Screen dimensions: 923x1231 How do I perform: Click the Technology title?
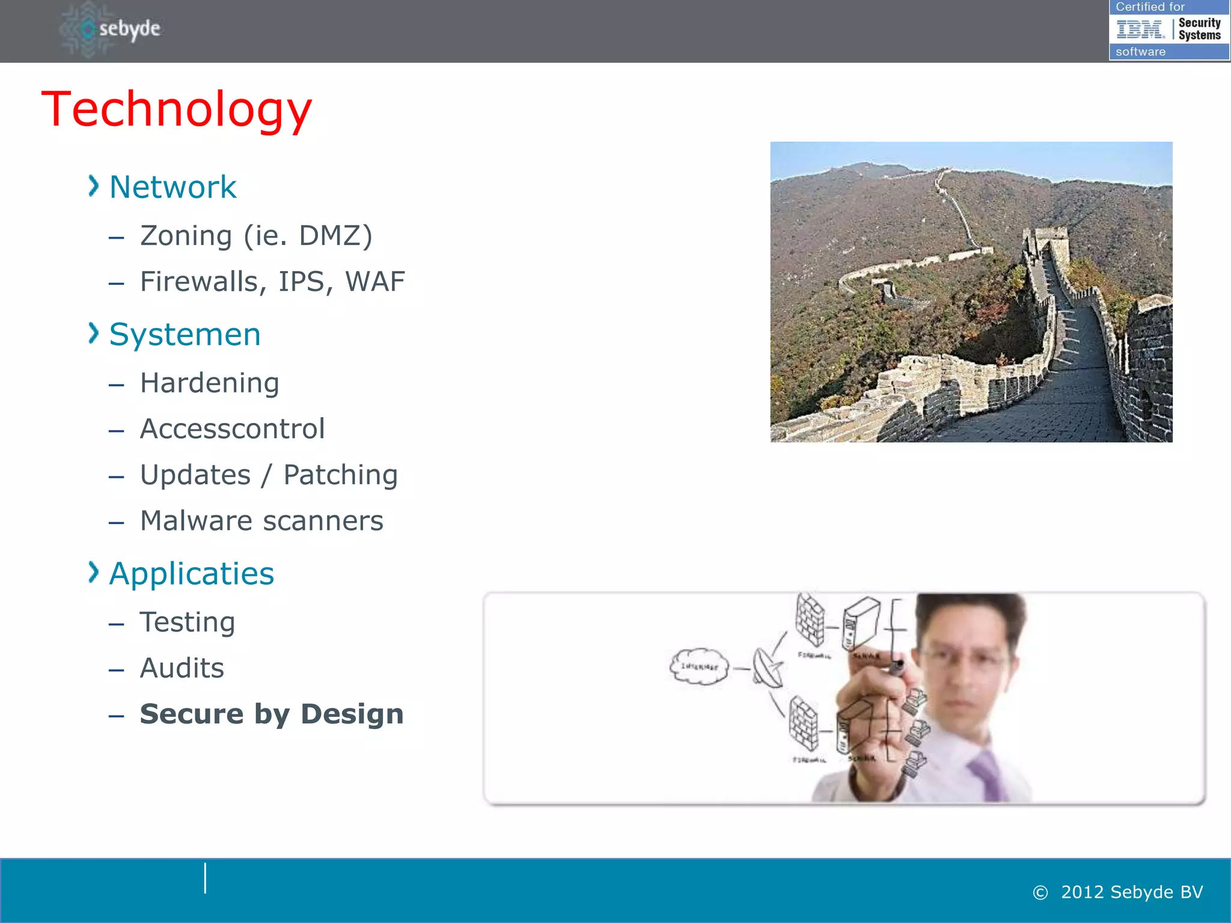pyautogui.click(x=177, y=109)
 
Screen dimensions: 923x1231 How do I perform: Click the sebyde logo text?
pyautogui.click(x=129, y=29)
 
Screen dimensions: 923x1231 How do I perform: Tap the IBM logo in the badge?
pyautogui.click(x=1140, y=29)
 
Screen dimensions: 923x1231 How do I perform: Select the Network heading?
pyautogui.click(x=173, y=187)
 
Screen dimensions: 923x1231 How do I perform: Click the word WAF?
pyautogui.click(x=375, y=282)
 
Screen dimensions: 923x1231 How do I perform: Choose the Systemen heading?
pyautogui.click(x=185, y=335)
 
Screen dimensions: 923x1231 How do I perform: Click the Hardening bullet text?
pyautogui.click(x=209, y=383)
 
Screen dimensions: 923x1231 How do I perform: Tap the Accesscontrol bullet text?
pyautogui.click(x=232, y=429)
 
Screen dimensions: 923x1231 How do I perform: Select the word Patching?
pyautogui.click(x=340, y=475)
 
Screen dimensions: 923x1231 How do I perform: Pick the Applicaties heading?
pyautogui.click(x=191, y=574)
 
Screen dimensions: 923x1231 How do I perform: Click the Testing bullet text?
pyautogui.click(x=187, y=623)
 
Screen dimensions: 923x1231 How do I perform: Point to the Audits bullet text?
pyautogui.click(x=182, y=668)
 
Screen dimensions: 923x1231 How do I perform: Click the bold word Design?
pyautogui.click(x=352, y=714)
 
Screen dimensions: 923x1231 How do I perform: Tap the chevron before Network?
pyautogui.click(x=93, y=186)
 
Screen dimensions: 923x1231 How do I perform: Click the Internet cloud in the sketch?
pyautogui.click(x=698, y=666)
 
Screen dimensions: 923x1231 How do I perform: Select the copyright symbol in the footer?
pyautogui.click(x=1040, y=893)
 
